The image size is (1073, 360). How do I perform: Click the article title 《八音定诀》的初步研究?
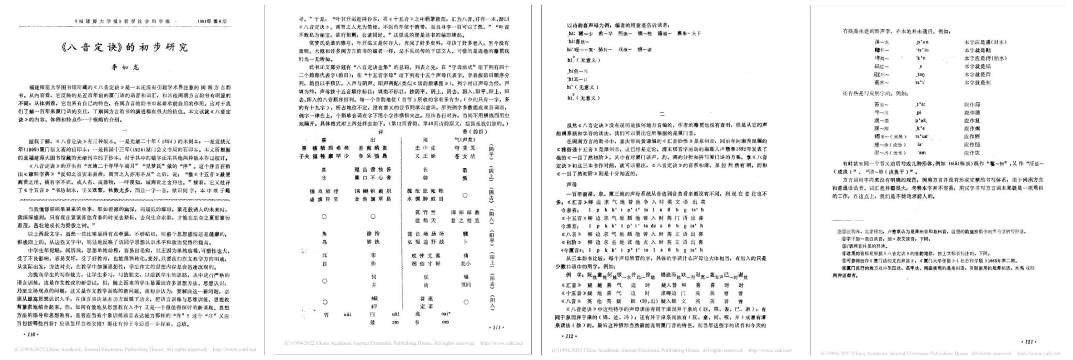click(x=125, y=48)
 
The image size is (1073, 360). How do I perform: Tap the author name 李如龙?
click(x=125, y=68)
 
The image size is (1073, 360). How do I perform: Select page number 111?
click(x=496, y=328)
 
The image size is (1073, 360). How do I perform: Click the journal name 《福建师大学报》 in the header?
click(x=94, y=21)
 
